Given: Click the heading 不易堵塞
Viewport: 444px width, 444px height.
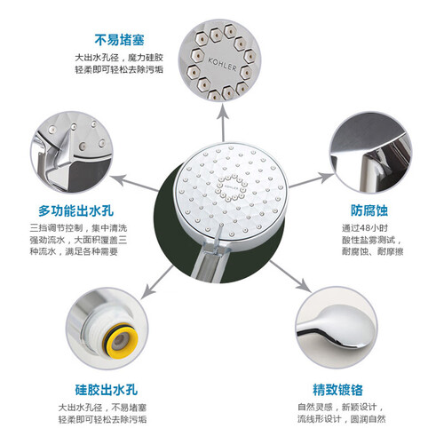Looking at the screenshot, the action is point(120,40).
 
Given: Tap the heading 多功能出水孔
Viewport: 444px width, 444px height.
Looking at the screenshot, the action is point(76,210).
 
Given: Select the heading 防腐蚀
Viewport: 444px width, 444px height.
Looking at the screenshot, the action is point(369,210).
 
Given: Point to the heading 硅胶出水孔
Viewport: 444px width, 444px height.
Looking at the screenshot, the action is point(107,390).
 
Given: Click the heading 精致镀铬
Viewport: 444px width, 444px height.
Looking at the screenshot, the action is point(337,390).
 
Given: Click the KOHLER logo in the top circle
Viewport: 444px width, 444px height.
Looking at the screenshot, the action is point(222,64).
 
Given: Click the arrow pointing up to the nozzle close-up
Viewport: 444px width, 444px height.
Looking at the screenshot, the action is point(223,123).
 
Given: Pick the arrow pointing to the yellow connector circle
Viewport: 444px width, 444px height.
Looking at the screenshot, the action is point(157,282).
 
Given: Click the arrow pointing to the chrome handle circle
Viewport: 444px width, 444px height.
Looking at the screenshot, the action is point(289,276).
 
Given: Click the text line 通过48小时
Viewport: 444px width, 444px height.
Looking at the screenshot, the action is point(365,228).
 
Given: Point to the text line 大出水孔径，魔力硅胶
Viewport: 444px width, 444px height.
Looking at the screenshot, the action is point(119,57).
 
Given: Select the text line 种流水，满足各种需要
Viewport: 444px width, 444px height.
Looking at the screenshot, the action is point(74,251).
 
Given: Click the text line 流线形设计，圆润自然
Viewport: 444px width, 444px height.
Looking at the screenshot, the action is point(342,419).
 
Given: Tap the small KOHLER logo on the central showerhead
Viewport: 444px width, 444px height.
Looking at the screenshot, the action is point(231,187).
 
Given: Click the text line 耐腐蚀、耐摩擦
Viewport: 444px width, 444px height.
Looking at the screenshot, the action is point(373,251).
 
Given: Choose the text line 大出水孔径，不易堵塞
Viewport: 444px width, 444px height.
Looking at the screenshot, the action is point(102,408).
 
